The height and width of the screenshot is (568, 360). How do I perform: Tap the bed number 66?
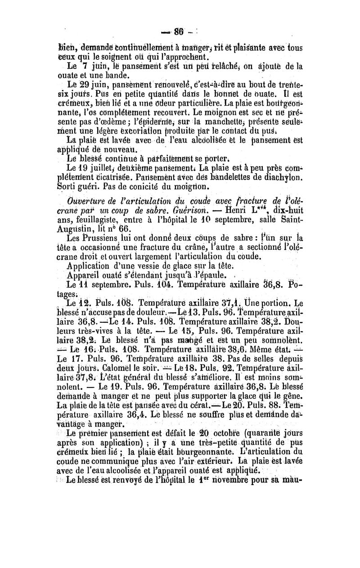(x=124, y=229)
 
